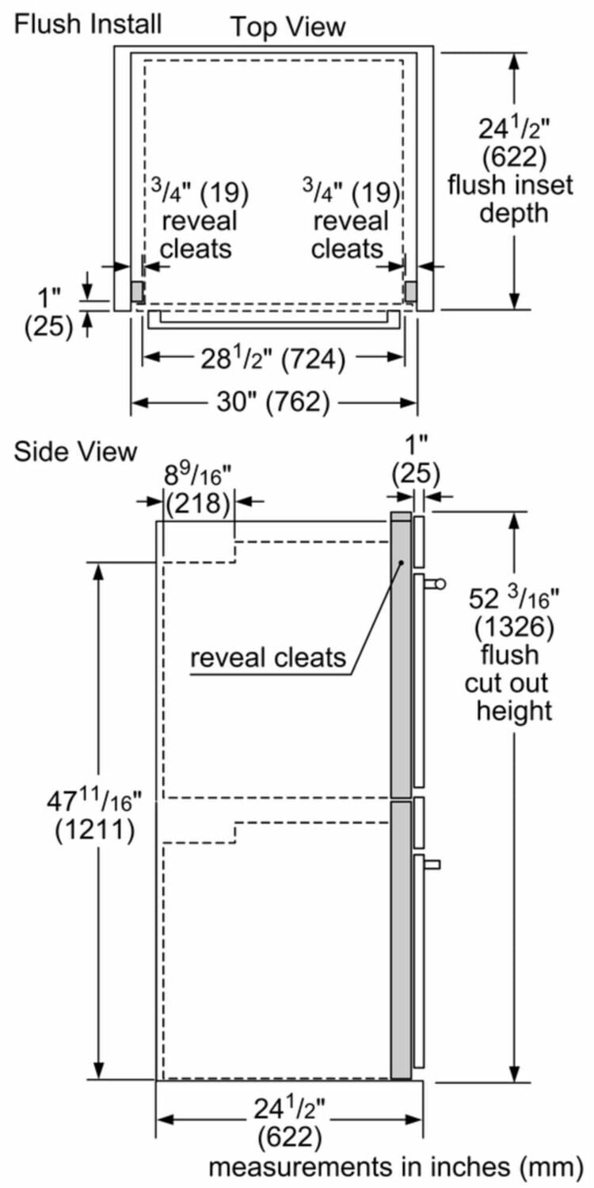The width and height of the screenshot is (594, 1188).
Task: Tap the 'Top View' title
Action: point(288,27)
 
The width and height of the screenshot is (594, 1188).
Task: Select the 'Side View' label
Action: point(75,451)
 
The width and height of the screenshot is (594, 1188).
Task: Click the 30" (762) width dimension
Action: point(274,402)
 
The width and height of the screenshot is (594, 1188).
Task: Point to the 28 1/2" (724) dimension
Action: point(274,360)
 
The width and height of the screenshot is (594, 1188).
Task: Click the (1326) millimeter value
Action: point(514,628)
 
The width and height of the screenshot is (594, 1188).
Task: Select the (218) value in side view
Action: point(198,503)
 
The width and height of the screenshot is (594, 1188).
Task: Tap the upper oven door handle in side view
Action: point(434,584)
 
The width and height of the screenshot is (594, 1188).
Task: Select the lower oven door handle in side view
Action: point(432,864)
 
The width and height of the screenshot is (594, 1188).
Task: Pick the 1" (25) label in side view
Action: point(415,462)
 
